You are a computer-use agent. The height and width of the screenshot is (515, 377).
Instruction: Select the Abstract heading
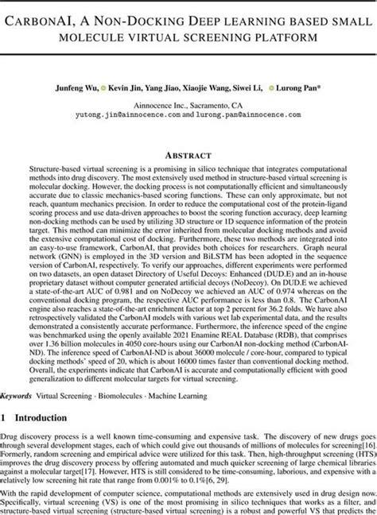188,156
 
